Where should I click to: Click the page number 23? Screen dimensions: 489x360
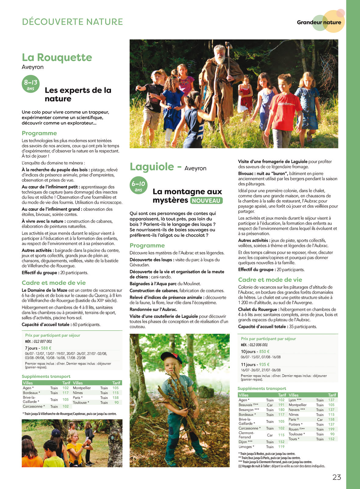(337, 477)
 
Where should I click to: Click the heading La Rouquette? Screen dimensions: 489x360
(57, 57)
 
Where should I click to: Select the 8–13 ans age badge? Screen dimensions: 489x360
(30, 84)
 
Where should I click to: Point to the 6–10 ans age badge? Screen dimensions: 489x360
(138, 185)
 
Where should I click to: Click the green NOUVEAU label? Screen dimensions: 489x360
(206, 201)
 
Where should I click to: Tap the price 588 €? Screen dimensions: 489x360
(46, 348)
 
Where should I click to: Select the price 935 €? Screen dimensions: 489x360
(264, 365)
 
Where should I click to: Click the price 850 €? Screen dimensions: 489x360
(264, 351)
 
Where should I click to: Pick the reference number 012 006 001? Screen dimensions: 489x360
(258, 345)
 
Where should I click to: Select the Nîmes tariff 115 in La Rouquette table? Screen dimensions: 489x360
(116, 393)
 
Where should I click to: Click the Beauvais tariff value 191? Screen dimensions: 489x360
(281, 405)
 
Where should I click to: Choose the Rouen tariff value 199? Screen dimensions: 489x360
(331, 429)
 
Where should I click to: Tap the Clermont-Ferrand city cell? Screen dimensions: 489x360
(246, 435)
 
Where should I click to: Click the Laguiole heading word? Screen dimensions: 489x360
(152, 167)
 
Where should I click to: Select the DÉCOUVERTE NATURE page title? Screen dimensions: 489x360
(73, 22)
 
